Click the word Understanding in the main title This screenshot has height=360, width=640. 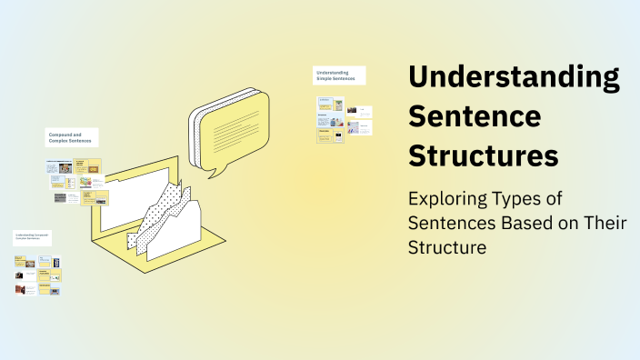[x=514, y=78]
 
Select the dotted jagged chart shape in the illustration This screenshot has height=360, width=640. [x=168, y=214]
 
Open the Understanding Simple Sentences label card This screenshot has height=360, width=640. [x=339, y=75]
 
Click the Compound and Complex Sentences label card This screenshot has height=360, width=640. [x=72, y=138]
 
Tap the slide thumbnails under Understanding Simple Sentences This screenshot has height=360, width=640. [x=344, y=120]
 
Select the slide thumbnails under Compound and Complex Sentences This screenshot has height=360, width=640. [x=77, y=182]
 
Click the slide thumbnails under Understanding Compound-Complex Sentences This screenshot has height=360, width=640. [x=37, y=275]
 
